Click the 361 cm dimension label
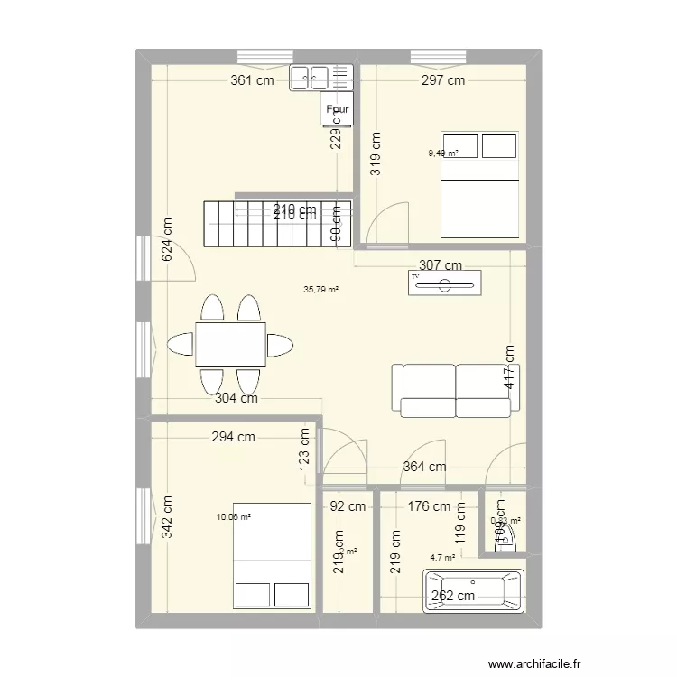pyautogui.click(x=252, y=80)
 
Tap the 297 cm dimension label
pyautogui.click(x=442, y=80)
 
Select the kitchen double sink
pyautogui.click(x=320, y=79)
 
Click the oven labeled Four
pyautogui.click(x=337, y=110)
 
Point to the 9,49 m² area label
pyautogui.click(x=442, y=153)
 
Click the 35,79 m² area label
pyautogui.click(x=320, y=290)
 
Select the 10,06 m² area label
pyautogui.click(x=233, y=517)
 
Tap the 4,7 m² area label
pyautogui.click(x=443, y=558)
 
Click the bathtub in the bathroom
pyautogui.click(x=472, y=591)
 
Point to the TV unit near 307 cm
pyautogui.click(x=444, y=285)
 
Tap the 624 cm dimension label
pyautogui.click(x=167, y=240)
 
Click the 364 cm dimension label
pyautogui.click(x=424, y=467)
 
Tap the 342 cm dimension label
pyautogui.click(x=167, y=517)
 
